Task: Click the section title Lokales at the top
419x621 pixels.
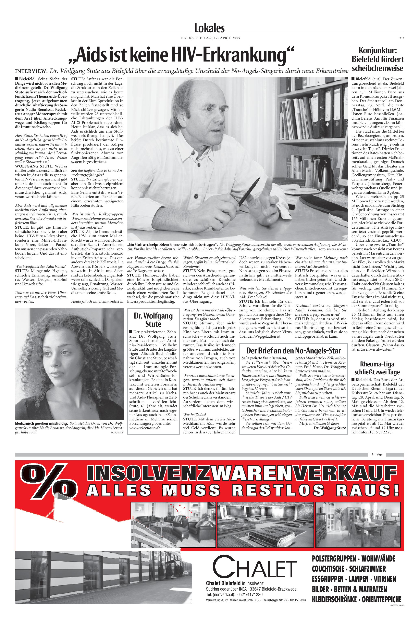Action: pos(209,28)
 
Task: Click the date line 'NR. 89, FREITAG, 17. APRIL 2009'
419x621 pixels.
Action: pos(211,38)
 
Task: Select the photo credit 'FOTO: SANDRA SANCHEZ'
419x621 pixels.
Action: pos(333,249)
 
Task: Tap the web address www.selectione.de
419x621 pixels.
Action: pos(145,428)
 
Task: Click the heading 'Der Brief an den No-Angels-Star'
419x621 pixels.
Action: pos(293,350)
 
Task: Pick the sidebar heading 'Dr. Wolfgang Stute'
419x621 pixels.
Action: pos(153,320)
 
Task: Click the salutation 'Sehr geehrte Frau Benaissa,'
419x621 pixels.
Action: pos(264,358)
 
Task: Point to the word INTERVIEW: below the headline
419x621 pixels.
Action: pos(31,71)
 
